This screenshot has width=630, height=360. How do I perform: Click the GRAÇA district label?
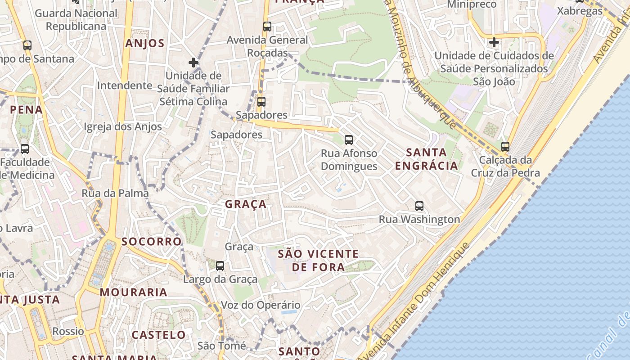[246, 204]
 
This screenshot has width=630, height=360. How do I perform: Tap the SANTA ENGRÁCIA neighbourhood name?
[426, 159]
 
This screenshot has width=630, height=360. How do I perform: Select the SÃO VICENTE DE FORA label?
[318, 261]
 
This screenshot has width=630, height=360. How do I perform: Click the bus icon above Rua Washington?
[419, 206]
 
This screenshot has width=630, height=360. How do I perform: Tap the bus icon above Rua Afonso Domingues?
[349, 140]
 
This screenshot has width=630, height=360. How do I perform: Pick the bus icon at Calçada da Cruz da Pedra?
[505, 147]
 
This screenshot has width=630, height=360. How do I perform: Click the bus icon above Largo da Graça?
[220, 266]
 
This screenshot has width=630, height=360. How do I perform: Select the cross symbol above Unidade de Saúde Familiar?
[193, 63]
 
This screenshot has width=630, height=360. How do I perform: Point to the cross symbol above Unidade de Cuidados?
[494, 43]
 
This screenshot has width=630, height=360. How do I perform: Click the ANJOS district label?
[145, 44]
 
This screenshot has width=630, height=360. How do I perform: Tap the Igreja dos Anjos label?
[122, 127]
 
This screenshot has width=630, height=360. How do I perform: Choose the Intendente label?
[125, 85]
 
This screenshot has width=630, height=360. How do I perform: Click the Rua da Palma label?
[115, 193]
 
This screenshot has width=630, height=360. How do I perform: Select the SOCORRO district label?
[152, 242]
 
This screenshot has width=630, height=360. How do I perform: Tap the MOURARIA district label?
[134, 292]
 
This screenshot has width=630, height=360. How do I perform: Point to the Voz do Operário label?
[260, 305]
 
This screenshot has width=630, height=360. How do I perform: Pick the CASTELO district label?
[158, 335]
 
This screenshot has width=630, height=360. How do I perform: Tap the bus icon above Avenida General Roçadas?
[267, 27]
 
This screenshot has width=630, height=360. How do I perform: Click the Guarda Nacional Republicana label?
[76, 20]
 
